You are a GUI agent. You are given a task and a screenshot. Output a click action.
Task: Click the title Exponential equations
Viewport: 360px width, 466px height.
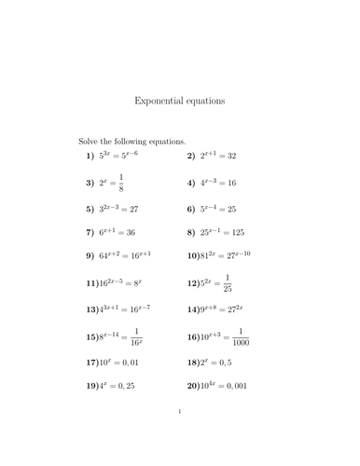coord(180,101)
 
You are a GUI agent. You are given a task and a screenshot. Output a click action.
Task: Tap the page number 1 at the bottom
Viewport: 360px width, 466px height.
coord(179,434)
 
